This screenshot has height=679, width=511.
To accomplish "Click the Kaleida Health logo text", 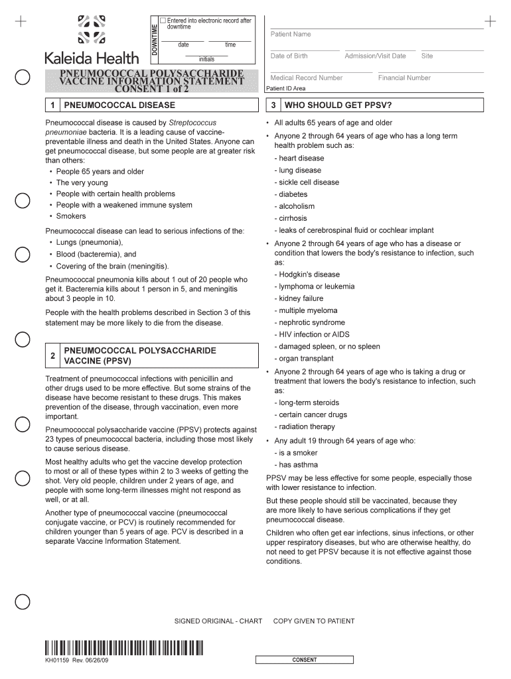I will click(x=92, y=58).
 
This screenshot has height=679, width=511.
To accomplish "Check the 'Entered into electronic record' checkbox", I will click(x=163, y=21).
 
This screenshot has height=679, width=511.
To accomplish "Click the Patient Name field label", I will click(x=290, y=34).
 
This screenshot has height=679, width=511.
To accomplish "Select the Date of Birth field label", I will click(x=289, y=56).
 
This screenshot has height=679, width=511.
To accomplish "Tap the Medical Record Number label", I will click(x=306, y=78).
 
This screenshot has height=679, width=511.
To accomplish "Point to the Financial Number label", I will click(x=404, y=78).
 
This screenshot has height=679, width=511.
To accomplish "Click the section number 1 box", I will click(x=52, y=105).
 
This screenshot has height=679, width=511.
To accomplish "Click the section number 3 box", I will click(x=273, y=105).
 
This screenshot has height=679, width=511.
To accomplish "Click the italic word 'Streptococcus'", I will click(x=192, y=123).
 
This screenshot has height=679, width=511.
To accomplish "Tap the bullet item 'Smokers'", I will click(x=71, y=216).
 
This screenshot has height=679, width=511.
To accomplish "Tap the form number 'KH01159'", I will click(x=58, y=660).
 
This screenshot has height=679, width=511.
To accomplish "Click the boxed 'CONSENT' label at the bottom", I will click(x=305, y=660).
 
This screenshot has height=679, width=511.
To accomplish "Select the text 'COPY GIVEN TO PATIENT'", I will click(x=314, y=621).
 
